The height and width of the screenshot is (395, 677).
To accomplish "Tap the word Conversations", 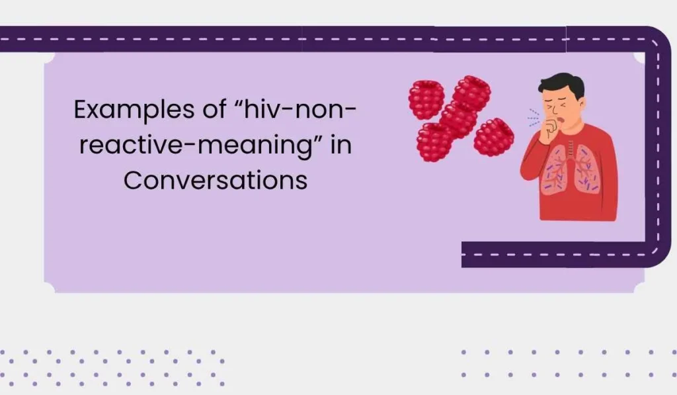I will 216,180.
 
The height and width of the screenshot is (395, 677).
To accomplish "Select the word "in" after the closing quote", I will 340,146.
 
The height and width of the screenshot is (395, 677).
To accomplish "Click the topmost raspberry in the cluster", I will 471,92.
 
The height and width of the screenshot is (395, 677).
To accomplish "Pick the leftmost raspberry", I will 426,99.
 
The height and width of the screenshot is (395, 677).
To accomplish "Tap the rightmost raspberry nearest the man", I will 493,136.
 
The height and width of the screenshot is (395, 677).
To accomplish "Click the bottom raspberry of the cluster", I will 435,142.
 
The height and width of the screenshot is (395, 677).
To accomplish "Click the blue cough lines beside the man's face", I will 533,119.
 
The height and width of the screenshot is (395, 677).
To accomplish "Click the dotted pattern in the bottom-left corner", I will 112,367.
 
